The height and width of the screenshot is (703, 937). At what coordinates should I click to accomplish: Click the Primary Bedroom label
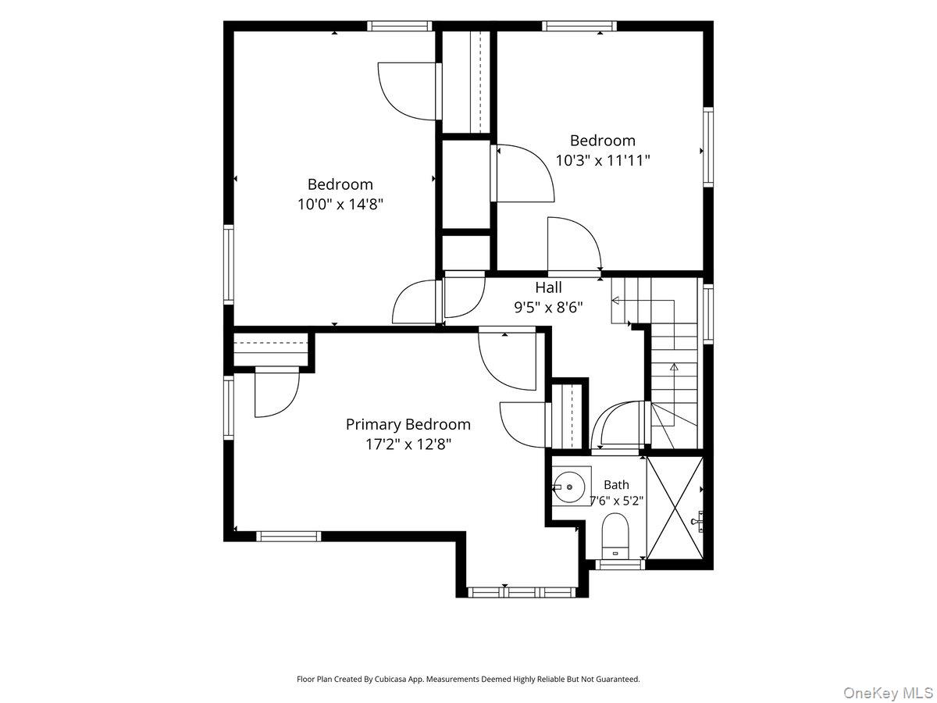408,424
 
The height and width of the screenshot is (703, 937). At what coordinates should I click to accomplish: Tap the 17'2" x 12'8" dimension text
408,444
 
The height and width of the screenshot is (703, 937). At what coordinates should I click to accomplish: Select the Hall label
549,287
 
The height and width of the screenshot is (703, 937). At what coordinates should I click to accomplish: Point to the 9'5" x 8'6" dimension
549,307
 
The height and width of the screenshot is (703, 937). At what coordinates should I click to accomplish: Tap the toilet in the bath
615,536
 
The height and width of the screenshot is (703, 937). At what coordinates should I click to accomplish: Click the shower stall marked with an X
675,508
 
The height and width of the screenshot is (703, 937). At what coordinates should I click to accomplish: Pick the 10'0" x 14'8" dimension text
340,205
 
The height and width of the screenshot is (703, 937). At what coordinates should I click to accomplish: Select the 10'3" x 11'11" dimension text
603,160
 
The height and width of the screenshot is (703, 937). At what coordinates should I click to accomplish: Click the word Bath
616,485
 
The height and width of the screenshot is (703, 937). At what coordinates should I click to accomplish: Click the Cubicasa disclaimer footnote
468,679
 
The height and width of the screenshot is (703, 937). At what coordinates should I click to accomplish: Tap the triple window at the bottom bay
522,592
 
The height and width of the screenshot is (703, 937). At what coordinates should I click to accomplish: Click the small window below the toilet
620,565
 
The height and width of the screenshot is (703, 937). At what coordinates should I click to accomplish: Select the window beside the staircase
708,314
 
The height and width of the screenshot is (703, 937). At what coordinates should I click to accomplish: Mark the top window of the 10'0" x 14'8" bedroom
400,26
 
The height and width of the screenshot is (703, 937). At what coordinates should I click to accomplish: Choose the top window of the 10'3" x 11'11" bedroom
579,26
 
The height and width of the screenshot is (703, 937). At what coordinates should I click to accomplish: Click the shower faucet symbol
697,521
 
